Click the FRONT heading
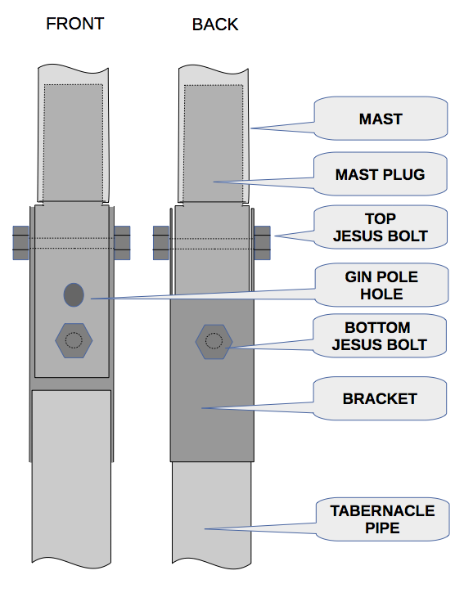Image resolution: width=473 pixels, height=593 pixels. [x=75, y=24]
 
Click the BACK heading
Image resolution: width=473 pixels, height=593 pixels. [x=215, y=25]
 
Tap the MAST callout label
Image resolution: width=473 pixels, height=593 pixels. [x=381, y=119]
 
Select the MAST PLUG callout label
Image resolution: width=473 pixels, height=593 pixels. [x=380, y=174]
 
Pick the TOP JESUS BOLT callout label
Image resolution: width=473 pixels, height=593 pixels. [x=381, y=227]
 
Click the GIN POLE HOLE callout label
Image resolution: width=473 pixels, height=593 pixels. [x=381, y=285]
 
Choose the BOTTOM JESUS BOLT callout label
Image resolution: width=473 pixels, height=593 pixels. [x=379, y=336]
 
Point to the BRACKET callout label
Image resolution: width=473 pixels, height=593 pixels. [x=380, y=398]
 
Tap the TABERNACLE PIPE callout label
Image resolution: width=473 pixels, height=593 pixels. [x=382, y=519]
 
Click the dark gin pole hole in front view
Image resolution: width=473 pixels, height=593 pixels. [x=74, y=294]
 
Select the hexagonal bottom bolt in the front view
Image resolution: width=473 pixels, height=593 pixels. [x=74, y=340]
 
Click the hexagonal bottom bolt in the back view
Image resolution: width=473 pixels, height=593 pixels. [x=214, y=342]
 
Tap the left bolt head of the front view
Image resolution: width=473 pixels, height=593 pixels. [x=20, y=243]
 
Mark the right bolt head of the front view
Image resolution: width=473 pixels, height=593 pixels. [x=122, y=243]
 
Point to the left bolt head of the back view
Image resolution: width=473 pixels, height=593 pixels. [x=161, y=243]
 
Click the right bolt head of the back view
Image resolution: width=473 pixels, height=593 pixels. [x=262, y=243]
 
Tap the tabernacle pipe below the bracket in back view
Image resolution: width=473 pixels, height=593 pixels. [x=211, y=514]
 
